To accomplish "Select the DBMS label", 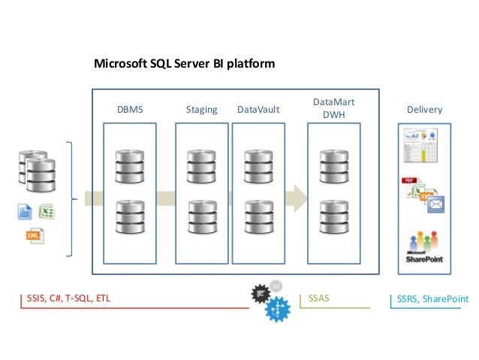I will click(x=129, y=110).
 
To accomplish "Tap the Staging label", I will click(x=201, y=110).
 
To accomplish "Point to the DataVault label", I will click(x=258, y=110).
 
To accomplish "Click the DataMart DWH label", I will click(x=333, y=108).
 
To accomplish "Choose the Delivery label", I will click(x=424, y=110).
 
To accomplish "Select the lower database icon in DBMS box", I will click(x=129, y=216).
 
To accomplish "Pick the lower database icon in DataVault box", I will click(x=258, y=216).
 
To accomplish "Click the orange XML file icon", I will click(x=33, y=236).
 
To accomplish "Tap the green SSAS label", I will click(x=319, y=299).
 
